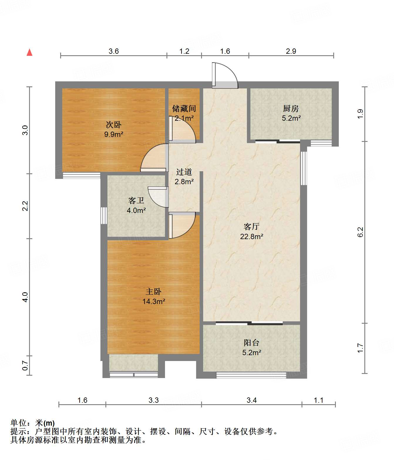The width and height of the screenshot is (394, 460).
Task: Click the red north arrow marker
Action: click(x=30, y=52)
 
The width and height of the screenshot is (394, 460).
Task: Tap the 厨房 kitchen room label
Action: click(x=291, y=109)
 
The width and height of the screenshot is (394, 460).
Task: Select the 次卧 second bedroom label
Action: click(x=113, y=125)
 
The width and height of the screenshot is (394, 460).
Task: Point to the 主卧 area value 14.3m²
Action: click(x=154, y=301)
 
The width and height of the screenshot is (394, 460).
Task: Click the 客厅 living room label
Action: click(x=251, y=226)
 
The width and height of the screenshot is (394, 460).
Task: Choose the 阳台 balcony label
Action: click(x=251, y=343)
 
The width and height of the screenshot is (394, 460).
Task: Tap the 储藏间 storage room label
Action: click(x=184, y=109)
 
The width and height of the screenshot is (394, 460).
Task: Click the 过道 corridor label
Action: click(x=184, y=172)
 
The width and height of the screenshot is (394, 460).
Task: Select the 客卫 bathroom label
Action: click(x=136, y=201)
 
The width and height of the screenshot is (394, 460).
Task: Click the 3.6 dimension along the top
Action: click(x=114, y=51)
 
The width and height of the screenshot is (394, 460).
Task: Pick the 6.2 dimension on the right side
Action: click(x=360, y=232)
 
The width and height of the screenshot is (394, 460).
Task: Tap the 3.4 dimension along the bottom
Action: click(x=252, y=400)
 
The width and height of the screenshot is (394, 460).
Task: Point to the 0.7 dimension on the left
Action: click(x=25, y=366)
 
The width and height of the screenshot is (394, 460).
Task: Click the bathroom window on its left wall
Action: click(x=104, y=215)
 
